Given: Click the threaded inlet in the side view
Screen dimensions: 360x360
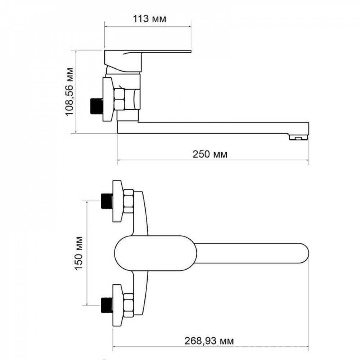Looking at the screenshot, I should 96,106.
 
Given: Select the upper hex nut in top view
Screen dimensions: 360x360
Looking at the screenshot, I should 129,201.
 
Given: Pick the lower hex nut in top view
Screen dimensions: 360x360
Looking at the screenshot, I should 129,305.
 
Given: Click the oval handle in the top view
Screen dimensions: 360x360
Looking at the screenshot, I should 155,253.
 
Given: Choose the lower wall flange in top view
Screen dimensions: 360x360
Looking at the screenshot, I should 117,305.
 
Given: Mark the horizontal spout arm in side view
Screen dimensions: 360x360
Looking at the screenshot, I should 216,128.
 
